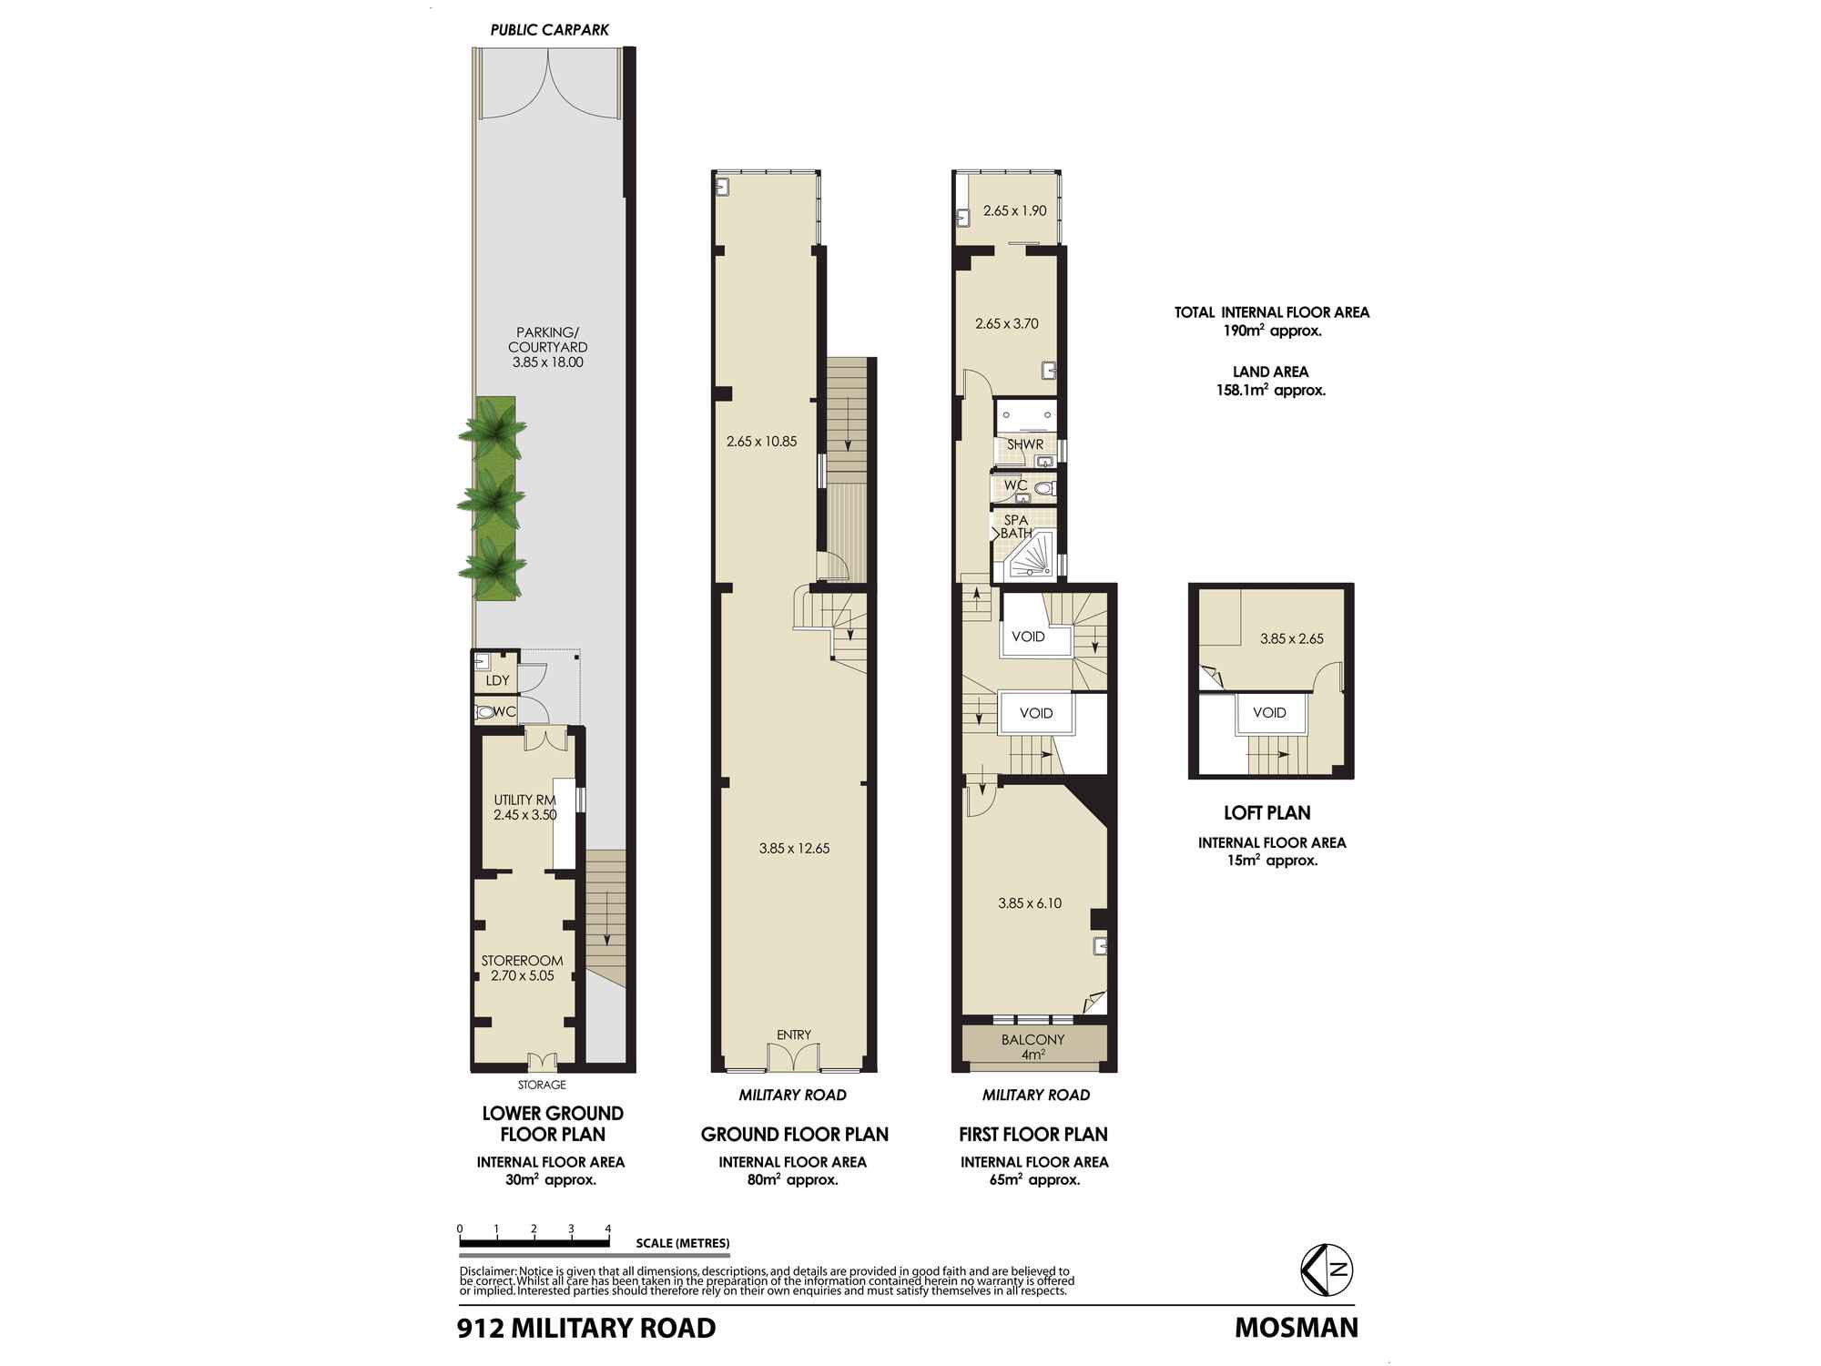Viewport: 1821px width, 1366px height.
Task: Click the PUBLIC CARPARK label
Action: pyautogui.click(x=549, y=30)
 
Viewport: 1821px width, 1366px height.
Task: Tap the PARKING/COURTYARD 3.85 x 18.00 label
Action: pyautogui.click(x=547, y=347)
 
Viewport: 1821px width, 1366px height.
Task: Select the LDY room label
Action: pyautogui.click(x=497, y=681)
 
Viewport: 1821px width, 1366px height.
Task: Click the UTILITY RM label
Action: pyautogui.click(x=524, y=800)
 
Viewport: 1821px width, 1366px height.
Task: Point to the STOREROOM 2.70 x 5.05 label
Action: pyautogui.click(x=522, y=968)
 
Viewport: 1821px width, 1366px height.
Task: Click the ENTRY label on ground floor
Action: pyautogui.click(x=793, y=1035)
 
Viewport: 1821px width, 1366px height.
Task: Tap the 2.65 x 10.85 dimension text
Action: pyautogui.click(x=761, y=442)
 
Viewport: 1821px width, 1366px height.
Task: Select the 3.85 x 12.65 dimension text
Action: pyautogui.click(x=794, y=848)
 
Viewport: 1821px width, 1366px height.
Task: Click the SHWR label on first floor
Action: pyautogui.click(x=1024, y=444)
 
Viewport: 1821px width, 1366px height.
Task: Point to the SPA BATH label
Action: pyautogui.click(x=1016, y=526)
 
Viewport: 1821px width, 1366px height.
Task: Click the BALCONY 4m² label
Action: pyautogui.click(x=1033, y=1046)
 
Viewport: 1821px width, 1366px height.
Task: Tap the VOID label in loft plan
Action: pyautogui.click(x=1269, y=712)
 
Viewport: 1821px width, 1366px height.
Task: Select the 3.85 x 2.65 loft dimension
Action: pyautogui.click(x=1291, y=638)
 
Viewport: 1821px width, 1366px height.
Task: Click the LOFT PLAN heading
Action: pyautogui.click(x=1267, y=813)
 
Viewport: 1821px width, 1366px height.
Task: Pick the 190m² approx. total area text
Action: pyautogui.click(x=1271, y=331)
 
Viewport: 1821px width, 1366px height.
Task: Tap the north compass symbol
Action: pyautogui.click(x=1326, y=1269)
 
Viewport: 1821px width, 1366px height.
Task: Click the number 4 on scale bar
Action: pyautogui.click(x=607, y=1228)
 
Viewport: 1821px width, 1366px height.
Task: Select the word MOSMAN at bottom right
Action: pyautogui.click(x=1296, y=1328)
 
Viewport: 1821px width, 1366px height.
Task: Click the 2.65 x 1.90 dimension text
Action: pyautogui.click(x=1014, y=210)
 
